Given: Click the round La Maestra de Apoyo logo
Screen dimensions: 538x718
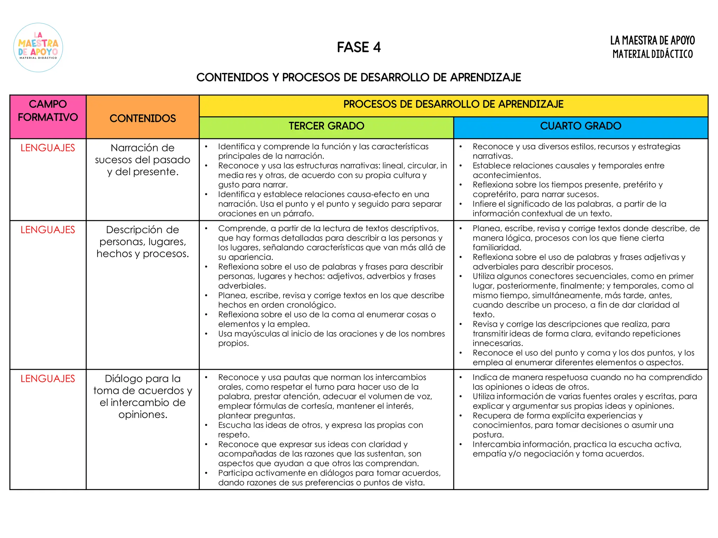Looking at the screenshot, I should (38, 48).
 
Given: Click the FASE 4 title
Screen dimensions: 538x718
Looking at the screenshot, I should (359, 47).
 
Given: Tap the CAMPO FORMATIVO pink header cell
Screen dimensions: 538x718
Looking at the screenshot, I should (48, 111).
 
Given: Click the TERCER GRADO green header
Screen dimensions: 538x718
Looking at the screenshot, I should (326, 126).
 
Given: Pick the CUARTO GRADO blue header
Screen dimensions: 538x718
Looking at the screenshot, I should (581, 126).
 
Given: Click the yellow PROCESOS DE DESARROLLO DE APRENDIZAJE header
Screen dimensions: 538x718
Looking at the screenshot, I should (453, 104).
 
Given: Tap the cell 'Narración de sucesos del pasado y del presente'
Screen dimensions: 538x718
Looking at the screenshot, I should (143, 160).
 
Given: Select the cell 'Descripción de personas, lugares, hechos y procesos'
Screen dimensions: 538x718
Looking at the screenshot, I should (143, 242).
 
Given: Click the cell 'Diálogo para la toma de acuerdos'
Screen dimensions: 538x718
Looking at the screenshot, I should (143, 396).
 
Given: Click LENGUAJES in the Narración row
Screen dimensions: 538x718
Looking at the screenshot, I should (48, 148).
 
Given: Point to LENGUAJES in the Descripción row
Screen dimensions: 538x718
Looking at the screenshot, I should (48, 230).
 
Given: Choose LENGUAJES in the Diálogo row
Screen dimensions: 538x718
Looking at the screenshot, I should (48, 379).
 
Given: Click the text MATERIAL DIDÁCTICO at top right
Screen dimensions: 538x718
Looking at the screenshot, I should (652, 54).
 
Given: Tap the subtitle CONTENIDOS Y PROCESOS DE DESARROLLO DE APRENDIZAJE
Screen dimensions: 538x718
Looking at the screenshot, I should (359, 77).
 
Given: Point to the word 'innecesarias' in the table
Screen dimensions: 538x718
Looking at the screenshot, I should (497, 343).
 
